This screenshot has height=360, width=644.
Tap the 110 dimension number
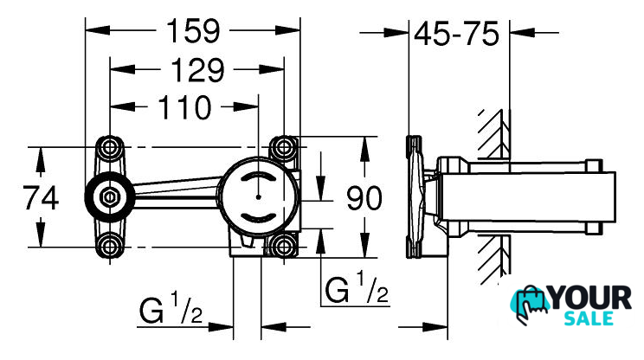183,108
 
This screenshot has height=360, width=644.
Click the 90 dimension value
364,199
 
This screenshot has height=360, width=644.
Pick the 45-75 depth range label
457,35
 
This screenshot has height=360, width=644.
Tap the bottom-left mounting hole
110,247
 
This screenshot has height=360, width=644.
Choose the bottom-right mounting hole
284,247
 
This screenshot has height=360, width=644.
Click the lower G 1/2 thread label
171,309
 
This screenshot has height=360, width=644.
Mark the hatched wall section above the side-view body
493,134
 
